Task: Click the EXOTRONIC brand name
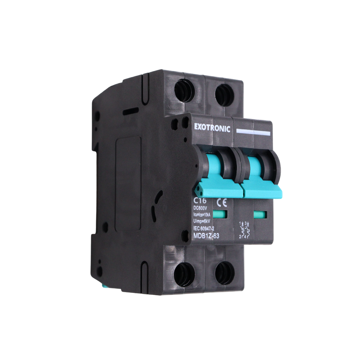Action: pyautogui.click(x=212, y=128)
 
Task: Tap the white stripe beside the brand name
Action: pyautogui.click(x=253, y=132)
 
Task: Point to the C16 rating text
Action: pyautogui.click(x=200, y=200)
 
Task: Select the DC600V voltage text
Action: pyautogui.click(x=201, y=209)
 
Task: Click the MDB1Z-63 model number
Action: pyautogui.click(x=206, y=236)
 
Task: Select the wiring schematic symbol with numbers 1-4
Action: pyautogui.click(x=244, y=230)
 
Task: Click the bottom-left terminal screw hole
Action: pyautogui.click(x=184, y=274)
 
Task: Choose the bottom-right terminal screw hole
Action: pyautogui.click(x=224, y=272)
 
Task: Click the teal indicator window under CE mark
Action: pyautogui.click(x=219, y=214)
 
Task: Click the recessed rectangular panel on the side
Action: pyautogui.click(x=128, y=184)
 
